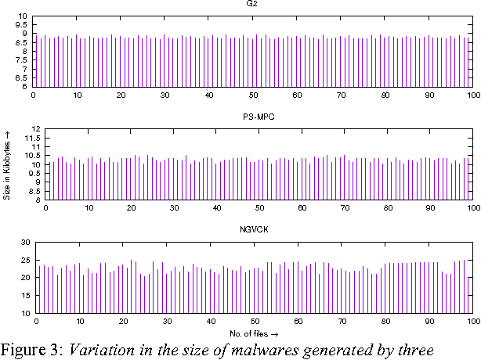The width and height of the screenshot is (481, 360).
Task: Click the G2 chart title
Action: [251, 4]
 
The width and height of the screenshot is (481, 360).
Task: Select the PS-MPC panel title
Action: [258, 117]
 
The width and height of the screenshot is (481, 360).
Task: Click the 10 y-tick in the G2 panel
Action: [23, 16]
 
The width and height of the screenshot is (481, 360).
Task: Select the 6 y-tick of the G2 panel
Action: [25, 87]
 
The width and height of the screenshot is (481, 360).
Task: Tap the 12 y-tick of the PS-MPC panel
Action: [34, 128]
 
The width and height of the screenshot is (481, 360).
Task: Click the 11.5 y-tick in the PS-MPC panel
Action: [32, 138]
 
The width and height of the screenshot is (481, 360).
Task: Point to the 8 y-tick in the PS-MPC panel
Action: [38, 200]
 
